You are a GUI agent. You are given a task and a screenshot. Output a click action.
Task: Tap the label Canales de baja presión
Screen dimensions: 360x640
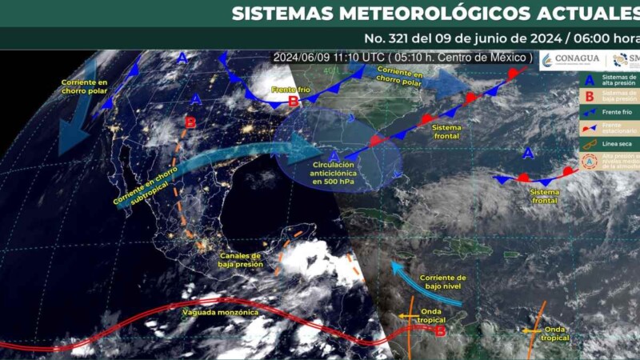(239, 259)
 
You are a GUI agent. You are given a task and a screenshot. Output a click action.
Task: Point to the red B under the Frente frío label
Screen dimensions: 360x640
(294, 101)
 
